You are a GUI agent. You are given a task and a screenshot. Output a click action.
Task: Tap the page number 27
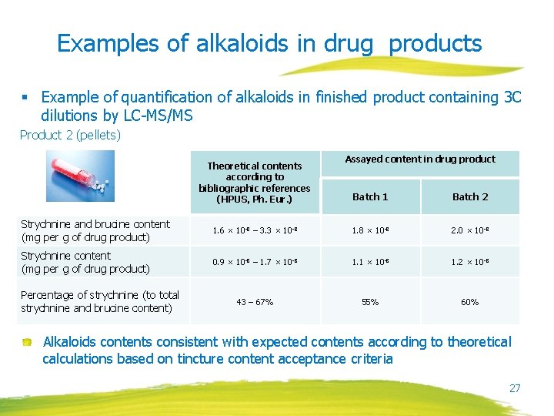click(515, 388)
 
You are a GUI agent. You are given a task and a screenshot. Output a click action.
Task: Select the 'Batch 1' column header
click(370, 196)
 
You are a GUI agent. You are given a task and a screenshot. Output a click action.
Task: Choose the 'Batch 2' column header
click(470, 196)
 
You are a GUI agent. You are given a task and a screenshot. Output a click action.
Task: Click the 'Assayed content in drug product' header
click(420, 159)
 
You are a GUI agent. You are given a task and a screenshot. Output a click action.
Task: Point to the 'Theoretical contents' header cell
click(255, 183)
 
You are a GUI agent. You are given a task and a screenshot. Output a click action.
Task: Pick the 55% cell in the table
click(370, 302)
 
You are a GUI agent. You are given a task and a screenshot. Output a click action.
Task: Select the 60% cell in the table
click(470, 302)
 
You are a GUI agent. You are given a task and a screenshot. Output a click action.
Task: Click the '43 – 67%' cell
click(255, 302)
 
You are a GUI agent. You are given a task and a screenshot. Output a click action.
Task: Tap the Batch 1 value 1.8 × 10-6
click(370, 230)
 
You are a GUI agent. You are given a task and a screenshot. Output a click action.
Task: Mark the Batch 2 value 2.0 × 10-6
click(470, 230)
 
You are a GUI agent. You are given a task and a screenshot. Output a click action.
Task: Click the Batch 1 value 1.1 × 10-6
click(370, 262)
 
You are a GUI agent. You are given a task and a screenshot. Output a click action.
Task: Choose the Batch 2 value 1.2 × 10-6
click(470, 262)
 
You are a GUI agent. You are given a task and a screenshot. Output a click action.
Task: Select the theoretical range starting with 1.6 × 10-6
click(255, 230)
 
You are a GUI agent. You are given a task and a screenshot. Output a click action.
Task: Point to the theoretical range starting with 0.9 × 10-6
click(255, 262)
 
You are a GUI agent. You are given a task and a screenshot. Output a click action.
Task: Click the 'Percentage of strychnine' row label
click(100, 301)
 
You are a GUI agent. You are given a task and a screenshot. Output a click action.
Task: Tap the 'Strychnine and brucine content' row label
click(95, 230)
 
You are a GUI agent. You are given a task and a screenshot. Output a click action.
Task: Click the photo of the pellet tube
click(79, 176)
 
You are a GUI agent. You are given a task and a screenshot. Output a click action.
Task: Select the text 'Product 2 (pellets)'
click(70, 136)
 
